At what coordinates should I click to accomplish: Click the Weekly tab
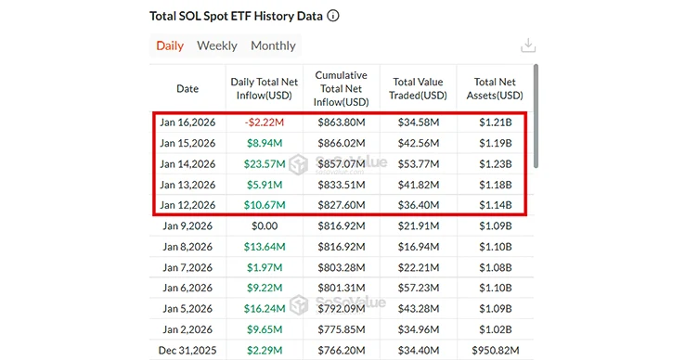pyautogui.click(x=216, y=45)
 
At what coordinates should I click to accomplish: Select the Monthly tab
pyautogui.click(x=273, y=45)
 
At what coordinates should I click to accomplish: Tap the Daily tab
pyautogui.click(x=170, y=45)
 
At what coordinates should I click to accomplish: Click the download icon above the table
pyautogui.click(x=529, y=45)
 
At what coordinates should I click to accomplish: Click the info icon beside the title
pyautogui.click(x=333, y=17)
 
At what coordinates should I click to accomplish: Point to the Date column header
pyautogui.click(x=187, y=89)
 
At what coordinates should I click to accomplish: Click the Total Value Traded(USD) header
pyautogui.click(x=418, y=89)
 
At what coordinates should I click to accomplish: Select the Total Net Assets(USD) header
pyautogui.click(x=495, y=89)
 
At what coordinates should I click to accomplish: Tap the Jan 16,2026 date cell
pyautogui.click(x=187, y=122)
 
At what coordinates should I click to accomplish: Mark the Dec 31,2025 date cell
pyautogui.click(x=187, y=350)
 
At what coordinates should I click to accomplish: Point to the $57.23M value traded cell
pyautogui.click(x=418, y=288)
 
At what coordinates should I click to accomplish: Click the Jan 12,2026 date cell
pyautogui.click(x=187, y=205)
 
